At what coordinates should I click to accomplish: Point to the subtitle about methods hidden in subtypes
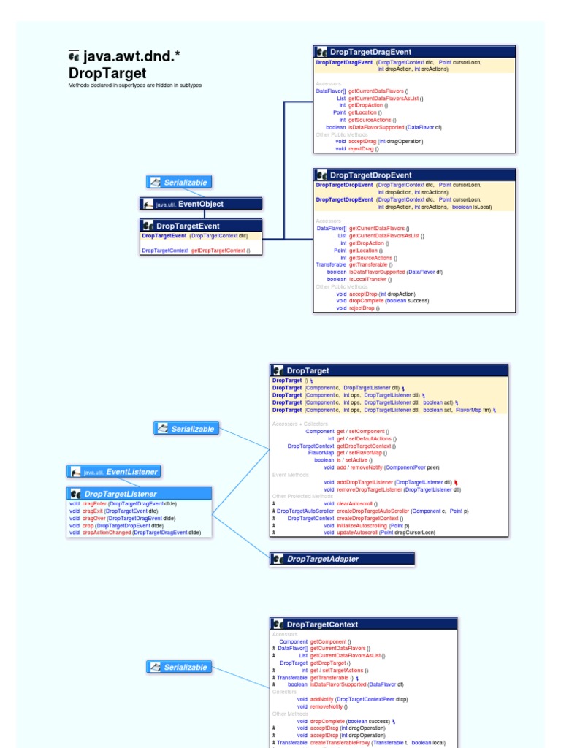pos(135,85)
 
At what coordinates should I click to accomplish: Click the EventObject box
pos(201,204)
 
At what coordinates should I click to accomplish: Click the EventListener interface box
pos(114,472)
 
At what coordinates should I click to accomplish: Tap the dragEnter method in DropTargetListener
pos(94,503)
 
